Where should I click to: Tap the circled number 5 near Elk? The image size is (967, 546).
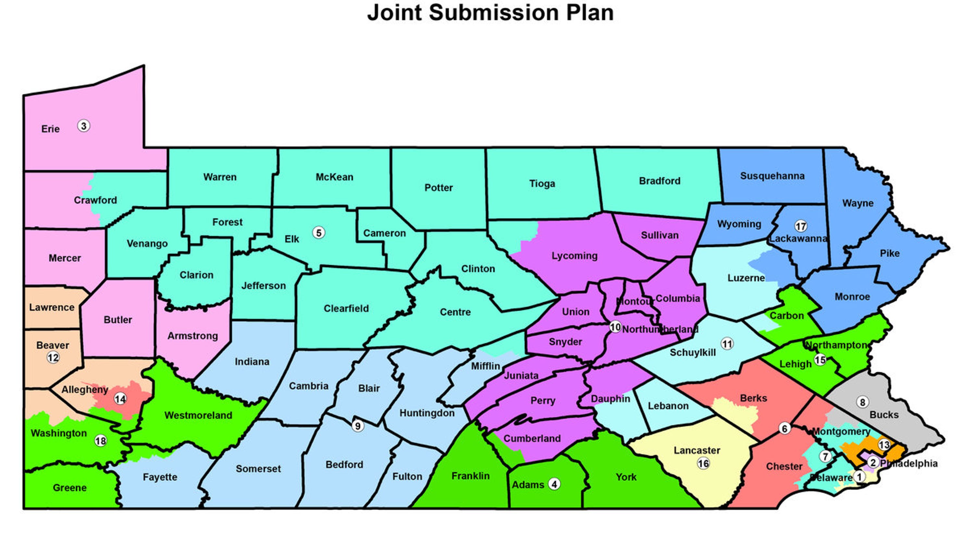tap(319, 233)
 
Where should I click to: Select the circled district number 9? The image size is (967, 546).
tap(358, 426)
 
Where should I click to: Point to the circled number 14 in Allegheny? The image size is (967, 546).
tap(120, 399)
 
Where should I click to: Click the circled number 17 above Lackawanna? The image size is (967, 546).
tap(801, 226)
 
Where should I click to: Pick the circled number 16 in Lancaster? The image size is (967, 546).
tap(703, 464)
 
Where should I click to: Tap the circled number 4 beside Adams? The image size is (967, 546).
tap(554, 484)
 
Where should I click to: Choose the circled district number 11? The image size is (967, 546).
tap(727, 344)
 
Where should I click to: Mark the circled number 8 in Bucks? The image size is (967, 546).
tap(862, 402)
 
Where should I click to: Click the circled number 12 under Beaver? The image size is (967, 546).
tap(53, 358)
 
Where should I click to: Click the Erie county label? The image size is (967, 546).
tap(50, 129)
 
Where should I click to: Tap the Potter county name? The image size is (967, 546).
tap(439, 188)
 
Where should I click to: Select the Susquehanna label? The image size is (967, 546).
tap(772, 176)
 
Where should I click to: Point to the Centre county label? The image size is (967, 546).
tap(455, 312)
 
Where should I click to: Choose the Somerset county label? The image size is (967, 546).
tap(258, 469)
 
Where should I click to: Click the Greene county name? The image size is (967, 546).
tap(69, 488)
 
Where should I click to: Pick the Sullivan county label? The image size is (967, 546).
tap(660, 235)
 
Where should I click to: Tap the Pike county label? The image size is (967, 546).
tap(890, 253)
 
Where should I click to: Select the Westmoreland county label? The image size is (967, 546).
tap(198, 415)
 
